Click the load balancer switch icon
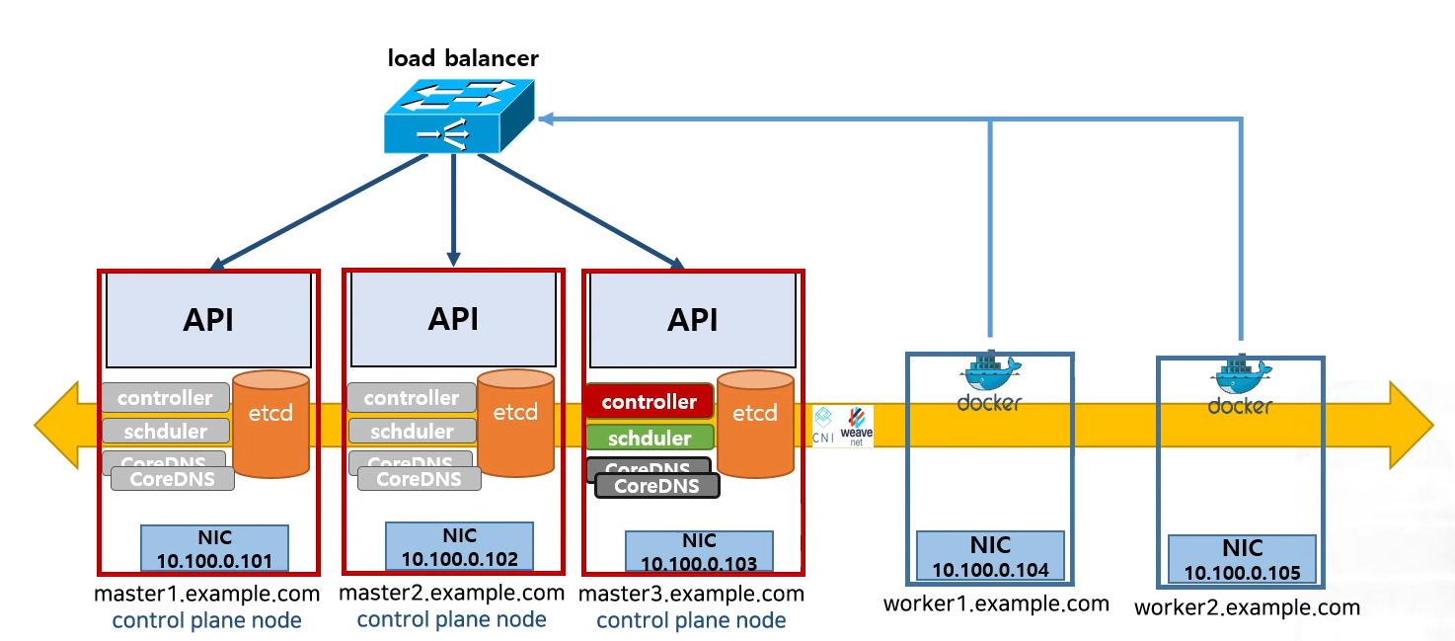pos(459,117)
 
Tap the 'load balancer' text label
pos(463,57)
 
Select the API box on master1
pos(208,320)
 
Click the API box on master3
pos(692,320)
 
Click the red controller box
pos(649,402)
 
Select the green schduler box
pos(650,439)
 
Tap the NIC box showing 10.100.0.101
pos(214,548)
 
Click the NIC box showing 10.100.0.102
pos(459,546)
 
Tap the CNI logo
pos(824,426)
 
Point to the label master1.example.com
pos(206,595)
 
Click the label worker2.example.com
pos(1247,607)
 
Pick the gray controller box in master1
pos(165,398)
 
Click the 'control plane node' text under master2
pos(451,620)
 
